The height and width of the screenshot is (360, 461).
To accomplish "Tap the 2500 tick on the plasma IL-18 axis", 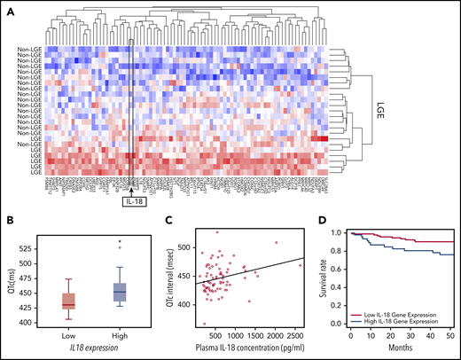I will [x=293, y=338].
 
